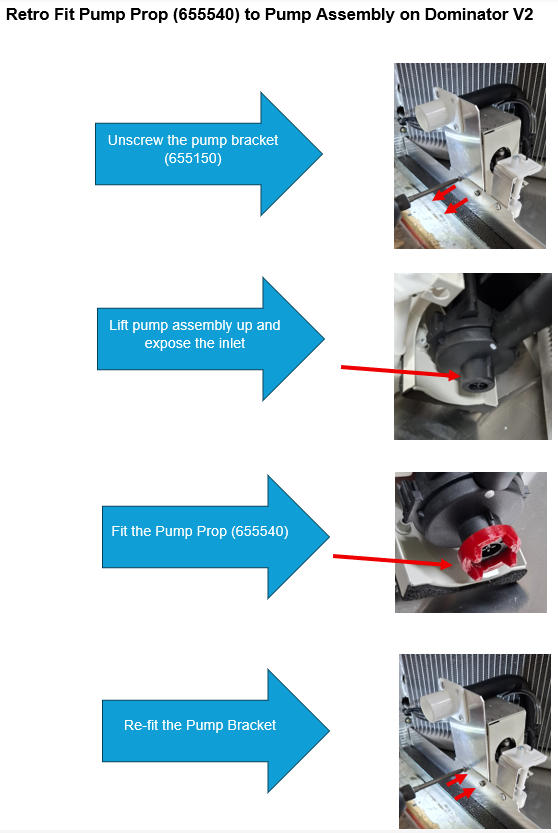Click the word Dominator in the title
[462, 14]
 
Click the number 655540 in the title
[208, 14]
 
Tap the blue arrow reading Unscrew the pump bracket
[208, 154]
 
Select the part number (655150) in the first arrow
[193, 158]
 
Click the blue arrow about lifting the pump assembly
[210, 339]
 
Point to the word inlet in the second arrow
[232, 343]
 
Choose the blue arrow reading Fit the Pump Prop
[215, 537]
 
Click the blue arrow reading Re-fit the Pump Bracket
[215, 730]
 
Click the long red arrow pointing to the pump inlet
[400, 371]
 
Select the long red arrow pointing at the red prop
[392, 560]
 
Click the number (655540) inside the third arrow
[260, 531]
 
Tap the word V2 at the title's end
[523, 14]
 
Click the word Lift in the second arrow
[119, 325]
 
